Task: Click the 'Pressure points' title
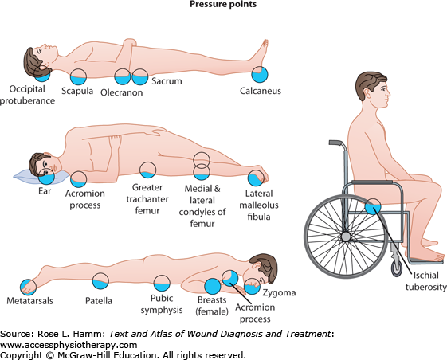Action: pyautogui.click(x=223, y=4)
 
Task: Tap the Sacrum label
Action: pyautogui.click(x=167, y=81)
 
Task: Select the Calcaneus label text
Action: pyautogui.click(x=261, y=91)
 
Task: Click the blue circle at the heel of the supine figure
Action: pyautogui.click(x=260, y=74)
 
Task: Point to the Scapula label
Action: pyautogui.click(x=77, y=92)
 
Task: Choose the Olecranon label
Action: pyautogui.click(x=121, y=92)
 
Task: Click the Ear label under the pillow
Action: pyautogui.click(x=45, y=190)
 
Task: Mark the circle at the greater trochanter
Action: pyautogui.click(x=147, y=170)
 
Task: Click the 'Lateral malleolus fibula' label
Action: pyautogui.click(x=259, y=205)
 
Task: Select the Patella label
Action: pyautogui.click(x=99, y=301)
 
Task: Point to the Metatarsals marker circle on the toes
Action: pyautogui.click(x=28, y=287)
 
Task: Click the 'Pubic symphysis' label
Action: pyautogui.click(x=162, y=304)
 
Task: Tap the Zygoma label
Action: pyautogui.click(x=279, y=293)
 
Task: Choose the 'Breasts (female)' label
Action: pyautogui.click(x=212, y=306)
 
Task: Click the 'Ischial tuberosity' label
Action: pyautogui.click(x=426, y=281)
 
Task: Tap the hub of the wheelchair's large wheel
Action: pyautogui.click(x=346, y=237)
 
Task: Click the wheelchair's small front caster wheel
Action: pyautogui.click(x=397, y=268)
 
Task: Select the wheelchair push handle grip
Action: pyautogui.click(x=335, y=143)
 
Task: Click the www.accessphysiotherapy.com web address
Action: pyautogui.click(x=69, y=345)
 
